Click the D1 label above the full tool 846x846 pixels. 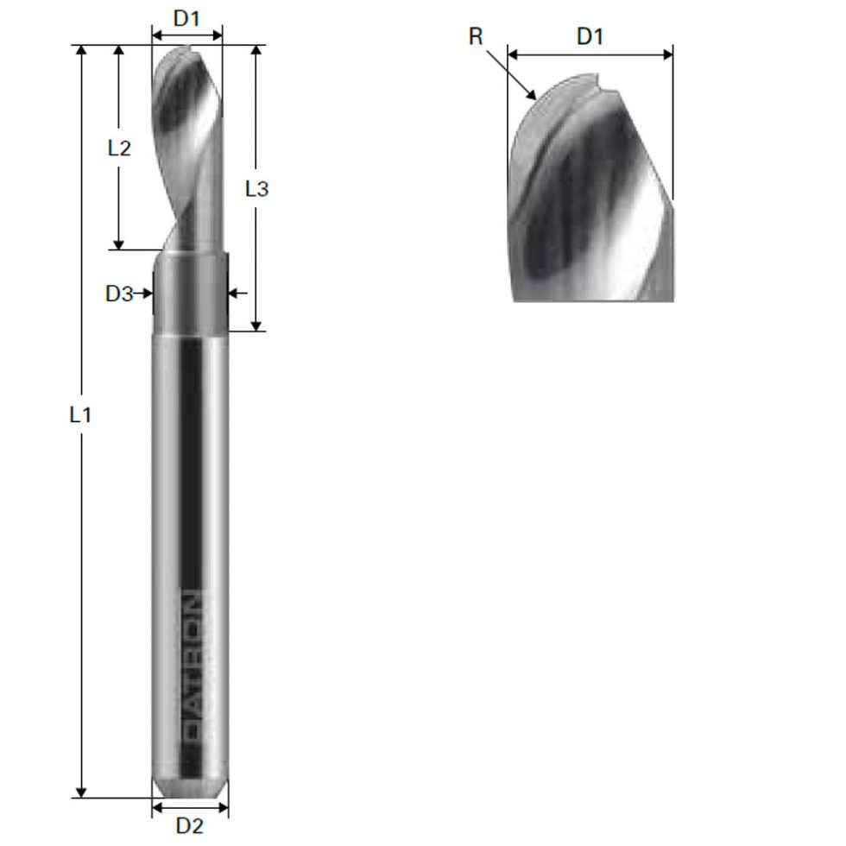pos(187,17)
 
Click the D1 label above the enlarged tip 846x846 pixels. pos(590,36)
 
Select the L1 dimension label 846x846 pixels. pos(80,415)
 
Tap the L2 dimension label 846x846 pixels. pos(119,148)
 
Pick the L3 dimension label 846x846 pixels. pos(256,189)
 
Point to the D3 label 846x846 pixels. pos(118,294)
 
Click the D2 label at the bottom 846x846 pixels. pos(190,826)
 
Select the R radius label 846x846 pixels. pos(476,37)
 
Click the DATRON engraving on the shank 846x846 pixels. pos(194,665)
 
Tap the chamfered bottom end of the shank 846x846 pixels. pos(190,788)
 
